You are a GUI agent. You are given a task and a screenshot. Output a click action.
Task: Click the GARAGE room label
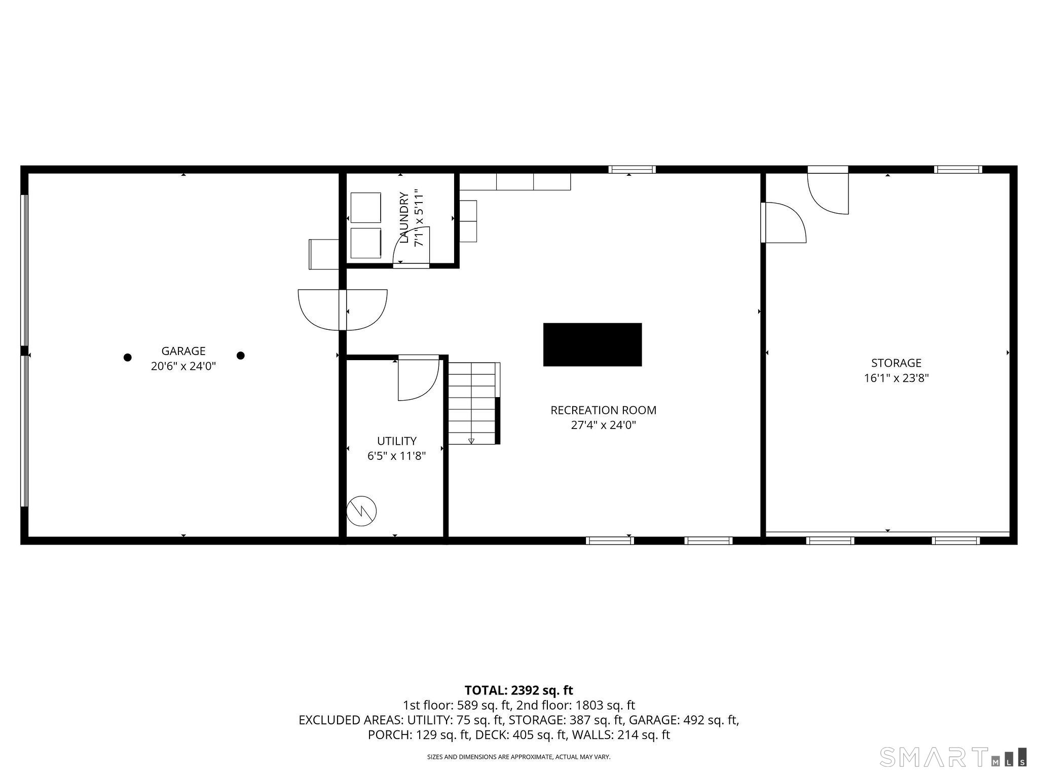pyautogui.click(x=183, y=351)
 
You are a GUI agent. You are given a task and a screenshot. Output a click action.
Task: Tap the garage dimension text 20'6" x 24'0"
pyautogui.click(x=183, y=366)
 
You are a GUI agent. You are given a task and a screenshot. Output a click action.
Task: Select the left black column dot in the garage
pyautogui.click(x=128, y=358)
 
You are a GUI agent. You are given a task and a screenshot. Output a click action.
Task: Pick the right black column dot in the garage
pyautogui.click(x=241, y=356)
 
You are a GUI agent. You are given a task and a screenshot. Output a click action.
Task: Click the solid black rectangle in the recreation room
pyautogui.click(x=592, y=344)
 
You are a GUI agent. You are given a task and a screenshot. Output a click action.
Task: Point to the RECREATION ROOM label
pyautogui.click(x=603, y=410)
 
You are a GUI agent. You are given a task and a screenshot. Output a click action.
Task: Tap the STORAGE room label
pyautogui.click(x=896, y=363)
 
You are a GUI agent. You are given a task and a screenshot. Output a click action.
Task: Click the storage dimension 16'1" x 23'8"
pyautogui.click(x=896, y=378)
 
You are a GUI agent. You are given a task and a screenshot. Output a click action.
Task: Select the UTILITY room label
pyautogui.click(x=397, y=441)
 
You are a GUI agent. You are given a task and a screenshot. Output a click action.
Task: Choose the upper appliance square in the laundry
pyautogui.click(x=366, y=208)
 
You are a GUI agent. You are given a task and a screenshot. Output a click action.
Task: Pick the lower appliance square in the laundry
pyautogui.click(x=366, y=243)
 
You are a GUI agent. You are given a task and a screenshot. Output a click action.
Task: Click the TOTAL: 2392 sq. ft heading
pyautogui.click(x=519, y=690)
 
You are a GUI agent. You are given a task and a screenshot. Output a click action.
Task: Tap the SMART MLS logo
pyautogui.click(x=953, y=757)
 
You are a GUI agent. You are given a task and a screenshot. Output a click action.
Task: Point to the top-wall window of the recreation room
pyautogui.click(x=632, y=170)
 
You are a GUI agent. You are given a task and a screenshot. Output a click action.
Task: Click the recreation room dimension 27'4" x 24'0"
pyautogui.click(x=603, y=425)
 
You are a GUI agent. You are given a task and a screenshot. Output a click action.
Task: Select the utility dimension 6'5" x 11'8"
pyautogui.click(x=396, y=456)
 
